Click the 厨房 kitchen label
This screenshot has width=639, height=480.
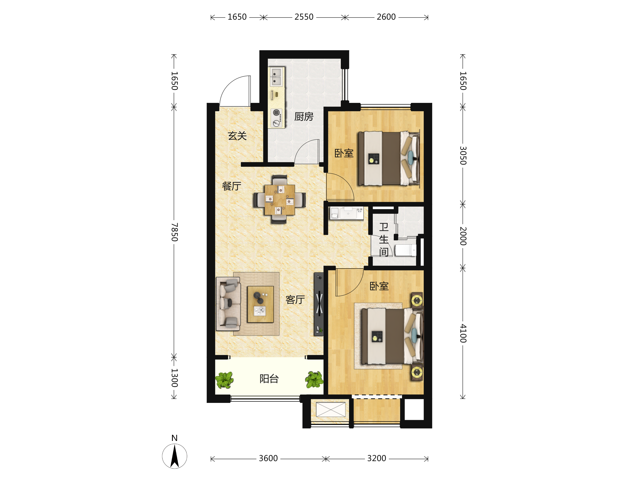click(304, 116)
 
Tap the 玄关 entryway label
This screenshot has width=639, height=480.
click(237, 136)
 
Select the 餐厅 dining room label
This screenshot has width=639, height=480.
click(231, 186)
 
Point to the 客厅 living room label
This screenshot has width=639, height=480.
click(295, 300)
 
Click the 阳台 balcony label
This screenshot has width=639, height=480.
click(269, 378)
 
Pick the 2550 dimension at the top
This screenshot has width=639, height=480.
click(304, 17)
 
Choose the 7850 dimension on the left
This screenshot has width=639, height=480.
click(174, 232)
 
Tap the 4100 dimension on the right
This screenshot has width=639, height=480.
click(463, 333)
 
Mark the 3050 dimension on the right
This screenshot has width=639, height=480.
click(463, 156)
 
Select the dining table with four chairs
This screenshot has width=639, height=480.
click(279, 200)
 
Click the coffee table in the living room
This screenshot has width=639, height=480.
click(260, 304)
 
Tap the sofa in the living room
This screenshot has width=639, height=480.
click(228, 304)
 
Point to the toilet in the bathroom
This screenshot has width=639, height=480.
click(405, 250)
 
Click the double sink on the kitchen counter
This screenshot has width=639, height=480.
click(276, 77)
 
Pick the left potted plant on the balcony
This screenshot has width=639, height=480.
click(224, 380)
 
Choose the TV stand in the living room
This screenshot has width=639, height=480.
click(319, 304)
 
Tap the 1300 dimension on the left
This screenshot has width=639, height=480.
click(174, 378)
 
